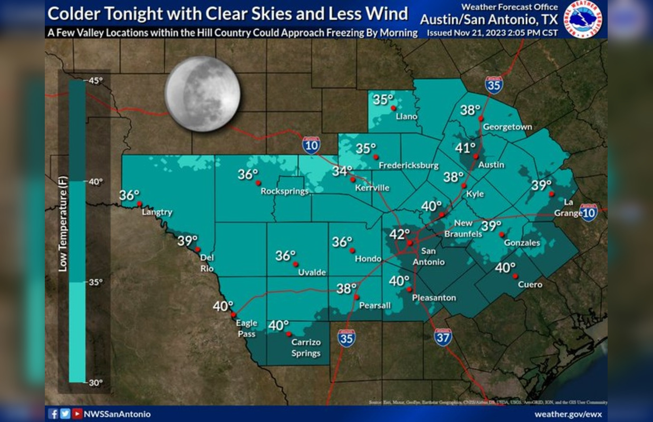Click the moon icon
[203, 94]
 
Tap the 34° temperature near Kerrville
[342, 171]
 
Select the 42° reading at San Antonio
[399, 234]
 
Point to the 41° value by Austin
[465, 147]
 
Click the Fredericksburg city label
[409, 165]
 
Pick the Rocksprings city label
[284, 191]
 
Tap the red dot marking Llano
[393, 108]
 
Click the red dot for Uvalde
[295, 264]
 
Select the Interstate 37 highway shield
[443, 337]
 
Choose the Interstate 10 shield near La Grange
[589, 212]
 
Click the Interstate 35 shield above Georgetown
[494, 84]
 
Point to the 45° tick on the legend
[95, 80]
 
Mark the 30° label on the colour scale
[95, 382]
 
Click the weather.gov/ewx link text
[568, 414]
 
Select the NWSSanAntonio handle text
[117, 414]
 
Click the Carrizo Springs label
[306, 348]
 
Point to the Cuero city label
[530, 285]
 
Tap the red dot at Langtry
[139, 204]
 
